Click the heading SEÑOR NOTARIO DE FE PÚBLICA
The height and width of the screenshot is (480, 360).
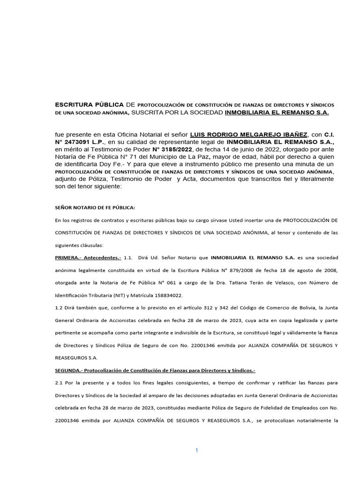click(95, 208)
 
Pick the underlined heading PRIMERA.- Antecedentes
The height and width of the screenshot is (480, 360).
click(88, 258)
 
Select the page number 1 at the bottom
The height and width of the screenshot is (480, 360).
click(197, 450)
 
